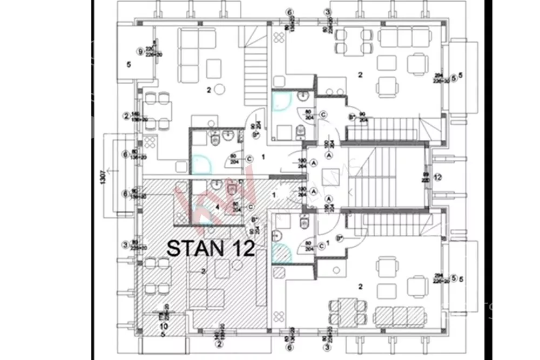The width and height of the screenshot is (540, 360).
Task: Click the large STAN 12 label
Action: pyautogui.click(x=211, y=248)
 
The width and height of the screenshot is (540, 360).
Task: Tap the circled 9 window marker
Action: pyautogui.click(x=140, y=52)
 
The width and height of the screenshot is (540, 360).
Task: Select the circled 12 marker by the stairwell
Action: pyautogui.click(x=437, y=176)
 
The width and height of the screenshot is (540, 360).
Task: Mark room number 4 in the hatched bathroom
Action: pyautogui.click(x=218, y=206)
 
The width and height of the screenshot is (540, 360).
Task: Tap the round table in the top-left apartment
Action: pyautogui.click(x=219, y=89)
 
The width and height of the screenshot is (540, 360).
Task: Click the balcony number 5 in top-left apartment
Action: pyautogui.click(x=129, y=65)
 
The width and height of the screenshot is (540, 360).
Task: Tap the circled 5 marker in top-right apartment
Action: pyautogui.click(x=454, y=77)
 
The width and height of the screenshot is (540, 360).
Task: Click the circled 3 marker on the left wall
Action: pyautogui.click(x=125, y=245)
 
